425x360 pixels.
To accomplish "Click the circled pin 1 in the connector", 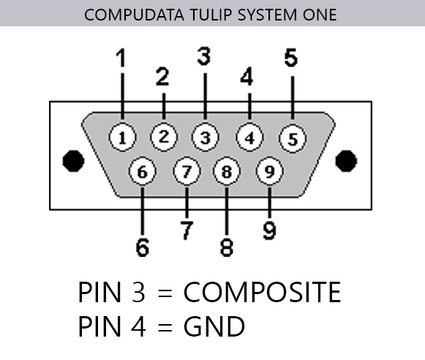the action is (x=122, y=138).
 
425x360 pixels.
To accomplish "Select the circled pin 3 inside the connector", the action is (x=205, y=138).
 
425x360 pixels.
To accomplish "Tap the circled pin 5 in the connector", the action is (x=293, y=138).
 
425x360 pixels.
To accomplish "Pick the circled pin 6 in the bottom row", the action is (x=143, y=171).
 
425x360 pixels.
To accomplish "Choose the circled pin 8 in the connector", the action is (x=227, y=171).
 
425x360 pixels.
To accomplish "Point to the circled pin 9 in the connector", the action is (x=269, y=171).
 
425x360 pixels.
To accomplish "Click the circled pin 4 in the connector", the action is (x=249, y=138).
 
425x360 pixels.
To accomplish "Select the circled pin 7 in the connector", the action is (x=187, y=171).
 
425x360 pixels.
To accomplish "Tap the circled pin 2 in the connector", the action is (x=164, y=138).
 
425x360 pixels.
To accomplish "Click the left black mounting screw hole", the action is (x=73, y=161).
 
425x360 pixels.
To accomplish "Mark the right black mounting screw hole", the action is (x=346, y=161).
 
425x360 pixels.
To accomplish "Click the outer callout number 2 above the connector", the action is (x=162, y=77).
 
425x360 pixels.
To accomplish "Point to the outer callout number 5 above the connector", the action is (x=291, y=58).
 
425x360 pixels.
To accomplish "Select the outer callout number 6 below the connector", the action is (x=143, y=247).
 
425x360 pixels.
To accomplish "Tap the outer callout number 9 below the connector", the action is (x=269, y=230).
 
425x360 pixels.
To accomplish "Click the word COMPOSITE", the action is (x=262, y=292).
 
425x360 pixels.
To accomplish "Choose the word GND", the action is (x=214, y=326).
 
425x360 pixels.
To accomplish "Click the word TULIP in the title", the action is (x=211, y=15).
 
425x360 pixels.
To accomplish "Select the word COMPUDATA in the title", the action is (x=134, y=15).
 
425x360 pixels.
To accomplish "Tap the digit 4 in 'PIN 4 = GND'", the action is (x=138, y=326).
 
